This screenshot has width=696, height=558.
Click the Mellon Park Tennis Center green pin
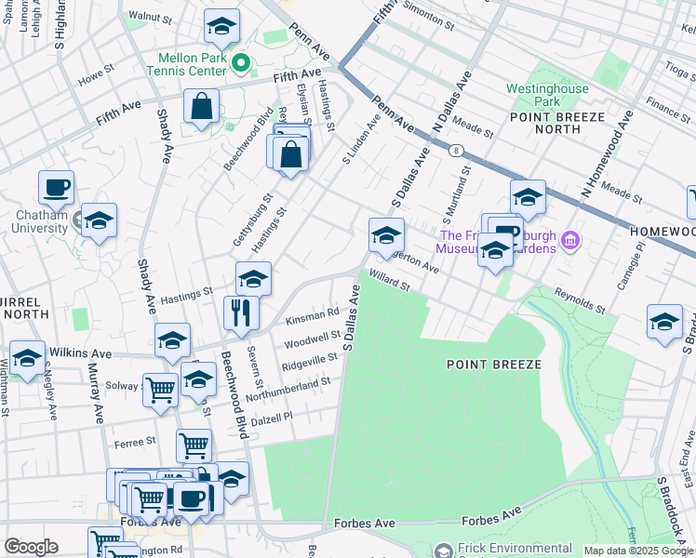point(241,64)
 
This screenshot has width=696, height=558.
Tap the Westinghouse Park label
point(547,94)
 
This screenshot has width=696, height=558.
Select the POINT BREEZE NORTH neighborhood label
point(557,124)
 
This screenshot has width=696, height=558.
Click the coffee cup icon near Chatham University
point(56,187)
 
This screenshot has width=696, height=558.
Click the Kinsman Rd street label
point(312,318)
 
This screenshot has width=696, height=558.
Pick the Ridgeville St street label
point(309,360)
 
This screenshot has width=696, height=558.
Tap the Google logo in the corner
point(31,547)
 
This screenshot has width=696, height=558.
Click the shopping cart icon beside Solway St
point(161,389)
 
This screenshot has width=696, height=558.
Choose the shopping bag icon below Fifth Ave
point(201,107)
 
